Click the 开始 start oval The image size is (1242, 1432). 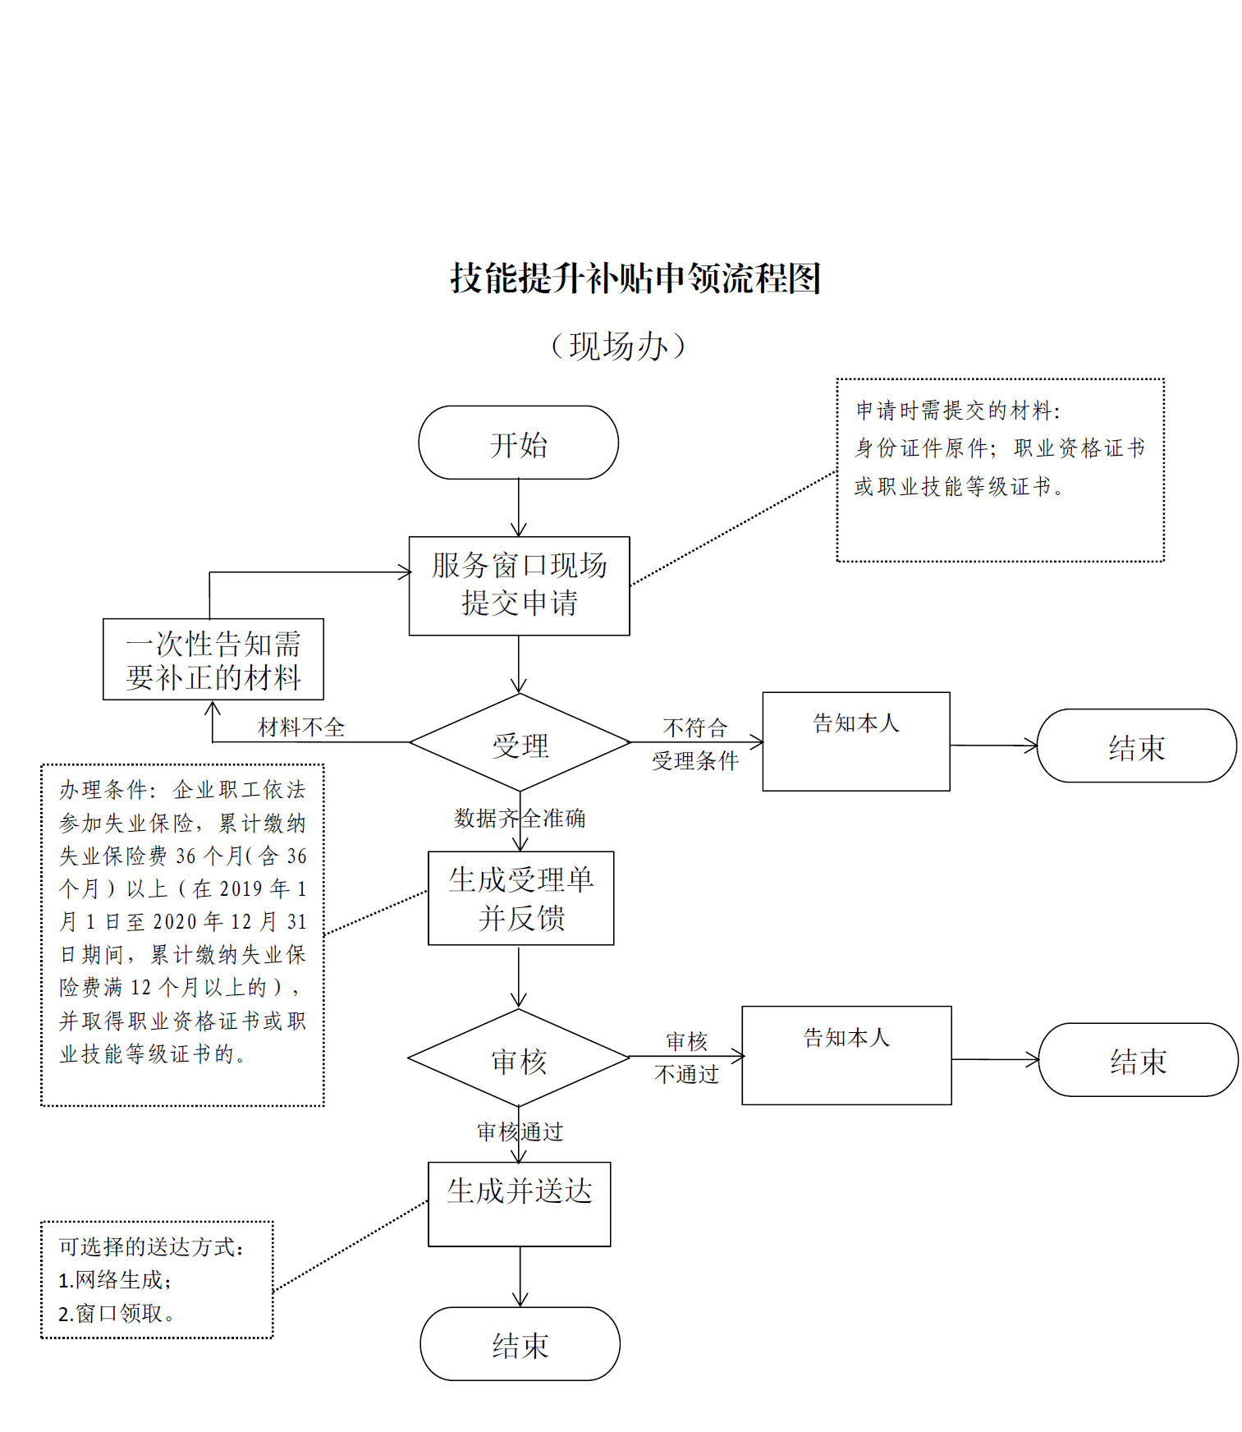pos(518,443)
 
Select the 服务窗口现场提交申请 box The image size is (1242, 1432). pos(519,585)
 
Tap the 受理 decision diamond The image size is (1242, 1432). pos(520,744)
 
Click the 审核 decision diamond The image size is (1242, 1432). pos(519,1059)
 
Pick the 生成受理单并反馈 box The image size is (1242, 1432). pos(520,898)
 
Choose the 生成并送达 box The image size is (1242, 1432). pos(519,1203)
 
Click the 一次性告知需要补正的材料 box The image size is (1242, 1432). pos(213,659)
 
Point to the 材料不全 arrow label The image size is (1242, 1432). pos(301,727)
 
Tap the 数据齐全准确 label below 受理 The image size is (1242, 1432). pos(520,818)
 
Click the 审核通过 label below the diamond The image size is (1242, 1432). pos(520,1131)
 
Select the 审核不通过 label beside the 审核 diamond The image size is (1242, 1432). pos(686,1058)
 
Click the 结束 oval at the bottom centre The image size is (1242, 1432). pos(520,1344)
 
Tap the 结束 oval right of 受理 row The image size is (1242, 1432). pos(1136,746)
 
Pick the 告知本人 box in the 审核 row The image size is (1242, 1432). pos(846,1055)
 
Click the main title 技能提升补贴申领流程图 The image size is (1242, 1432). pos(635,278)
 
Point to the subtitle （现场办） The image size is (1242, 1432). pos(618,346)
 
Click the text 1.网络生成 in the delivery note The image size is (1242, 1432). pos(115,1280)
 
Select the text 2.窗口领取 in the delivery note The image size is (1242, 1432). pos(116,1314)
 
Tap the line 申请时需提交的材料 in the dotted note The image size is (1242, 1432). pos(958,411)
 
